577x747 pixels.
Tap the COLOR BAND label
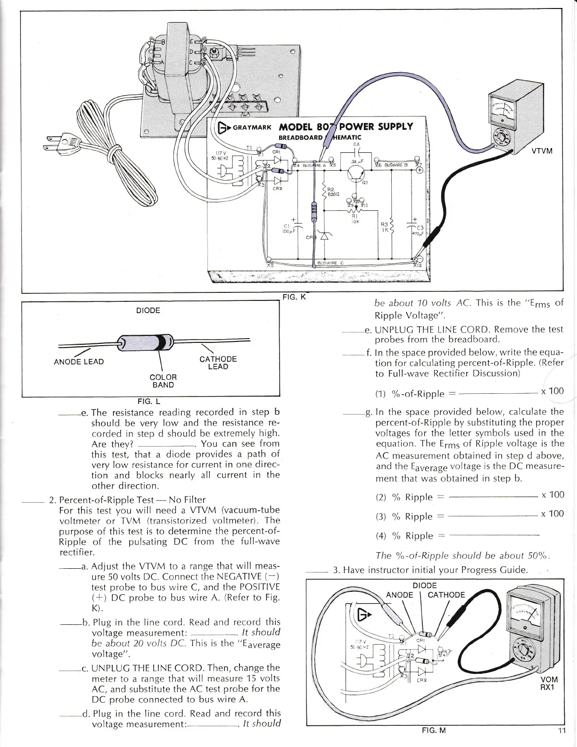(x=163, y=381)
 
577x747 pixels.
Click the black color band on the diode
(x=163, y=342)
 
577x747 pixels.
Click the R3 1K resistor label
(x=385, y=228)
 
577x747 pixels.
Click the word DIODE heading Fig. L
(x=148, y=310)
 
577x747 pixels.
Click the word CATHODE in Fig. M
(x=446, y=594)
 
